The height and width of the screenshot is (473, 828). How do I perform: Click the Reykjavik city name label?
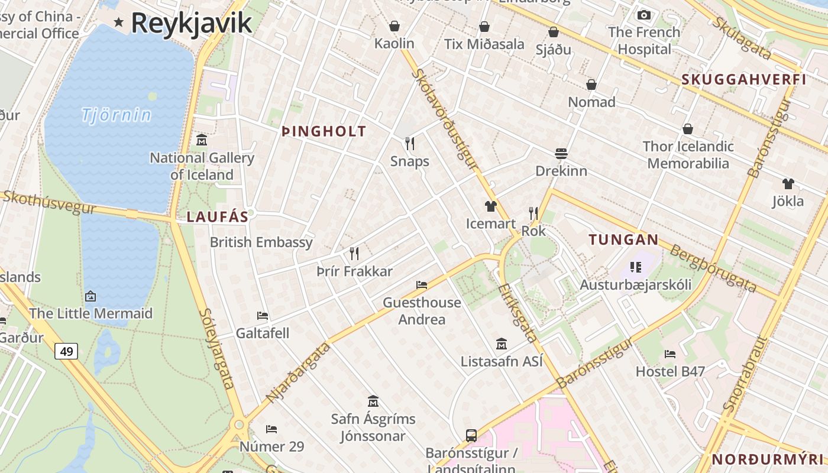[191, 23]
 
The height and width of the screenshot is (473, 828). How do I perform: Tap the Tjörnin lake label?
[117, 115]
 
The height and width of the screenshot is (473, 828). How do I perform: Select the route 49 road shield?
[66, 352]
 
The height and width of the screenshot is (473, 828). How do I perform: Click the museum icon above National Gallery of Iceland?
[202, 140]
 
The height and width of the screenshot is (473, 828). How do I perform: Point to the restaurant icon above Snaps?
[409, 143]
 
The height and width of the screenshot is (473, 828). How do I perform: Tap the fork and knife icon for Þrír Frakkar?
[354, 254]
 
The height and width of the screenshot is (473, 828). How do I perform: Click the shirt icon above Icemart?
[490, 206]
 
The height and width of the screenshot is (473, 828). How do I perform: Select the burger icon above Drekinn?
[561, 154]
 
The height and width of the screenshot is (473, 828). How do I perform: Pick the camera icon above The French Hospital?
[644, 15]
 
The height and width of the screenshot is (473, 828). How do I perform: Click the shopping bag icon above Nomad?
[591, 85]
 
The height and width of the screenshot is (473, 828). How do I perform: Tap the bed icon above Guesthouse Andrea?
[422, 285]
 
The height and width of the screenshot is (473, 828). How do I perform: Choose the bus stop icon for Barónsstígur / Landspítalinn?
[471, 436]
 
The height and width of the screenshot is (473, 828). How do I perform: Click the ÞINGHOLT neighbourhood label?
[324, 132]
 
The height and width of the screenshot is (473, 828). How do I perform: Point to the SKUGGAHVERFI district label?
[744, 80]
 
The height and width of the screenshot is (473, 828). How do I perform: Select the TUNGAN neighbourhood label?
[623, 239]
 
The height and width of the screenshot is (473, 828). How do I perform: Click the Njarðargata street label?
[299, 372]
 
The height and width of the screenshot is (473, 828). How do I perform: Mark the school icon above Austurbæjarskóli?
[635, 267]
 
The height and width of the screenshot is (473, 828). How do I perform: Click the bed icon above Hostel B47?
[670, 354]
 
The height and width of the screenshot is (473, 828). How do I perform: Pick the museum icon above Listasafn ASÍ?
[502, 344]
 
